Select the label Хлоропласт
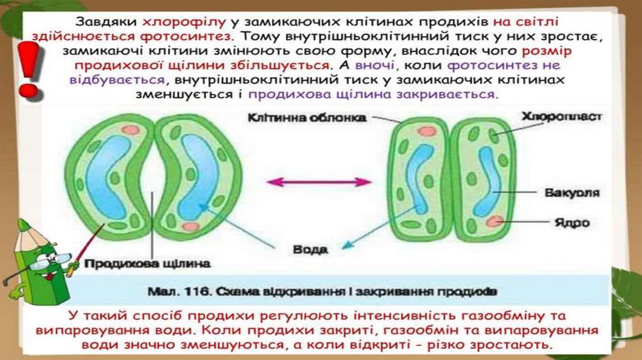pyautogui.click(x=561, y=117)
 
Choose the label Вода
pyautogui.click(x=310, y=249)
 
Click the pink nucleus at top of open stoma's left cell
pyautogui.click(x=130, y=129)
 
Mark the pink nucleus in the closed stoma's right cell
pyautogui.click(x=495, y=220)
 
